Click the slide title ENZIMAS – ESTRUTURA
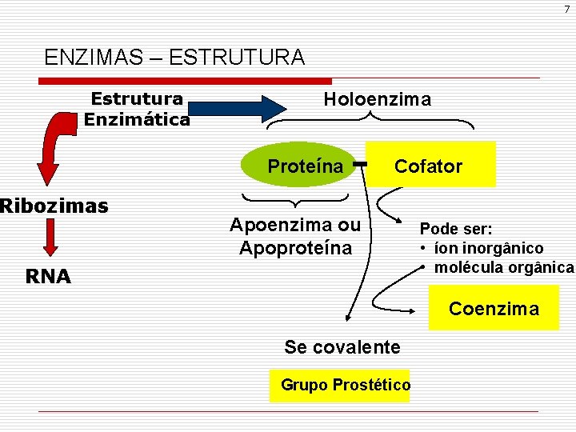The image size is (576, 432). click(174, 58)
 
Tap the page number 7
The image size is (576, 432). click(566, 9)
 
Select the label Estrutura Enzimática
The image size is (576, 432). click(137, 110)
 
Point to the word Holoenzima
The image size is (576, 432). click(377, 100)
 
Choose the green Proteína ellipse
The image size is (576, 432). click(305, 166)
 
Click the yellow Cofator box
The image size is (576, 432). click(430, 165)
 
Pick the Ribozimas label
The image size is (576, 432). click(54, 206)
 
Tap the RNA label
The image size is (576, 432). click(47, 277)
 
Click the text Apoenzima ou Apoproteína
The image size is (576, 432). click(295, 237)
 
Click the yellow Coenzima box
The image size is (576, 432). click(494, 309)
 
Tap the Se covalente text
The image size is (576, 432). click(342, 347)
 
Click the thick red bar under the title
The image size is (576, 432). click(184, 81)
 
